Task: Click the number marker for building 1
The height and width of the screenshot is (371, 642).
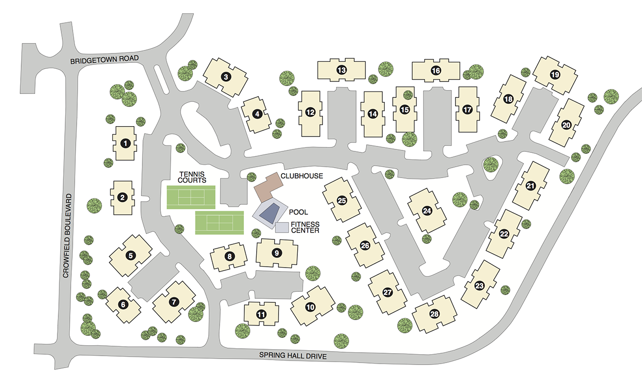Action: [125, 143]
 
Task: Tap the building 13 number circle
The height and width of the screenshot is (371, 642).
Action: [341, 70]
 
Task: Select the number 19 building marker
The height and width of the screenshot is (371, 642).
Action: [554, 75]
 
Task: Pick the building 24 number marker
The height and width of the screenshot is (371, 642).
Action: [427, 211]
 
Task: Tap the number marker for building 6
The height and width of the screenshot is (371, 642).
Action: [123, 305]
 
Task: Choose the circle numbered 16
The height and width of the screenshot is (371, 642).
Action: [436, 70]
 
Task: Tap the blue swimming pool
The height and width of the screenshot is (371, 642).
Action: [270, 214]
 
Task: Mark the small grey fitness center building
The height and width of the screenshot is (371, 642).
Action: [282, 228]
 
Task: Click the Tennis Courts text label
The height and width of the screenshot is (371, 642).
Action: [192, 177]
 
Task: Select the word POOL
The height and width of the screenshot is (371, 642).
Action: [299, 212]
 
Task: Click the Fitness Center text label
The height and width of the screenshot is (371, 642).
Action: [305, 227]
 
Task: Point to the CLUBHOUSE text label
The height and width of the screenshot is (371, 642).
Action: [302, 176]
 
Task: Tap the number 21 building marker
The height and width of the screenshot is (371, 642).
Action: [531, 186]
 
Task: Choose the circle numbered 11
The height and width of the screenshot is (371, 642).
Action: [261, 314]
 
